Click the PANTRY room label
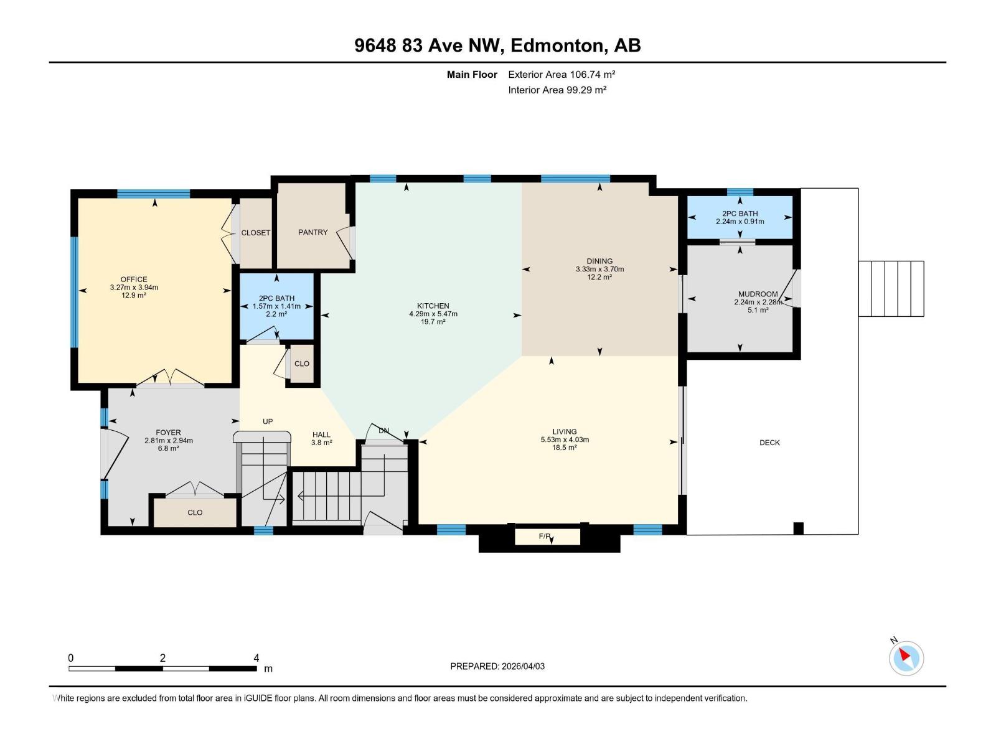tap(312, 232)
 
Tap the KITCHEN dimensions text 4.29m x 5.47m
tap(433, 314)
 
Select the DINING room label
tap(599, 261)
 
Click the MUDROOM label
tap(758, 294)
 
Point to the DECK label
tap(769, 443)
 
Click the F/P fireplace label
tap(545, 536)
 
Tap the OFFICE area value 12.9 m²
tap(134, 296)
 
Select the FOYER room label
tap(168, 432)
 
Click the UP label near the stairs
tap(268, 421)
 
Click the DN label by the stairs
tap(383, 431)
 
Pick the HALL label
tap(321, 435)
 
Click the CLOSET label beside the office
tap(256, 233)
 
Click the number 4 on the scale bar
tap(256, 657)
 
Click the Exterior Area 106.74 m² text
tap(561, 74)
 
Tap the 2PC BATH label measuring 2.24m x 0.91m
tap(740, 214)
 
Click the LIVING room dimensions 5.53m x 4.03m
tap(565, 439)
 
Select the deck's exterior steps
tap(891, 288)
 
